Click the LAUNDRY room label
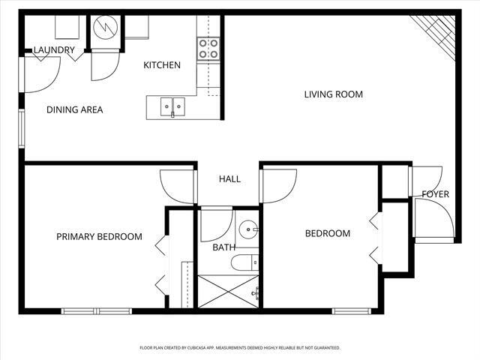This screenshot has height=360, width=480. coord(54,50)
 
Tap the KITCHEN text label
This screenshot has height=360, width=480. coord(162,65)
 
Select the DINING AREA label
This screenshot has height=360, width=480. coord(74,109)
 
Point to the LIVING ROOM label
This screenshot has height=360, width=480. coord(333,94)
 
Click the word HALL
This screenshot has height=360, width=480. coord(229,179)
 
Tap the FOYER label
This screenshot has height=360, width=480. coord(435,194)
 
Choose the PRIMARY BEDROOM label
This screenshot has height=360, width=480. coord(99,237)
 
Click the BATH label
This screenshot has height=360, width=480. coord(223,247)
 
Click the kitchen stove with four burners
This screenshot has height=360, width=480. coord(208,49)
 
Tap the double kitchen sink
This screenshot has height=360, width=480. coord(172,107)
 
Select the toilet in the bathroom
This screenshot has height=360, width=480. coord(244,262)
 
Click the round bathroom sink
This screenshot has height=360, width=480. coord(248,229)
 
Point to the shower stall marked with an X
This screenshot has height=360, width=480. coord(226,291)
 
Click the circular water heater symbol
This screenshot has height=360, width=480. coord(106,28)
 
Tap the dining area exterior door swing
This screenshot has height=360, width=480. coord(40,75)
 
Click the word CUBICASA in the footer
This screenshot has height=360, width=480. coord(223,348)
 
